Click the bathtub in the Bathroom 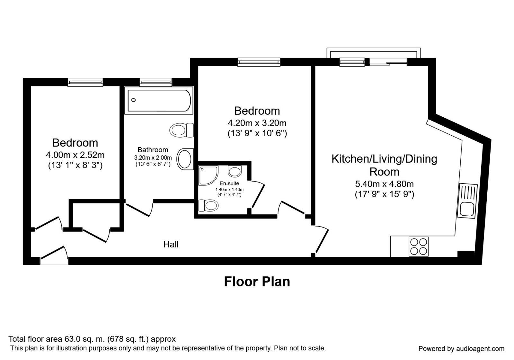pyautogui.click(x=159, y=101)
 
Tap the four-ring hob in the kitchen pyautogui.click(x=419, y=247)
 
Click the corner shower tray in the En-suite pyautogui.click(x=208, y=175)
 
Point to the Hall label pyautogui.click(x=171, y=245)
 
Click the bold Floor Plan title pyautogui.click(x=257, y=282)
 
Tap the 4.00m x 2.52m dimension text pyautogui.click(x=75, y=155)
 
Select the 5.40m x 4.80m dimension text pyautogui.click(x=384, y=184)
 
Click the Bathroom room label pyautogui.click(x=153, y=150)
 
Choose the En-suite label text pyautogui.click(x=229, y=184)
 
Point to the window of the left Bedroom pyautogui.click(x=85, y=82)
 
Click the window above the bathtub pyautogui.click(x=156, y=82)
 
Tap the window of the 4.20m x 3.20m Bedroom pyautogui.click(x=259, y=62)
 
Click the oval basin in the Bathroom pyautogui.click(x=185, y=158)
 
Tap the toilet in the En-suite pyautogui.click(x=208, y=205)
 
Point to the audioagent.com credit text pyautogui.click(x=461, y=349)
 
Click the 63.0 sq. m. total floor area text pyautogui.click(x=92, y=339)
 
